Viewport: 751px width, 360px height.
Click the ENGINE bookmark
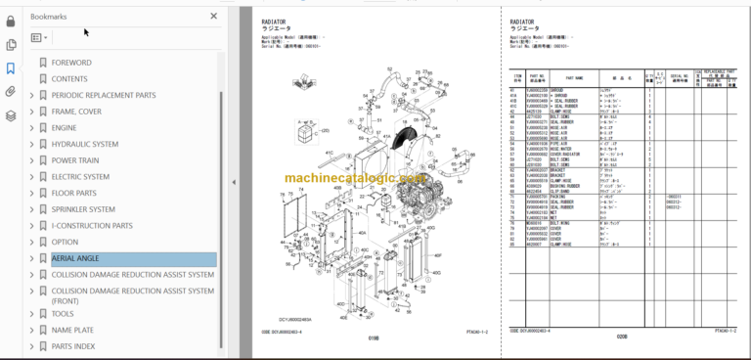point(64,127)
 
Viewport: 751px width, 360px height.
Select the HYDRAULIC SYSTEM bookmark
point(85,144)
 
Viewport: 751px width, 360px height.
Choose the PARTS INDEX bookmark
point(73,346)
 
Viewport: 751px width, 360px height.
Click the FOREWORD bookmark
point(71,63)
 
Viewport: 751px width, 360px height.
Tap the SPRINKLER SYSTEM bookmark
point(83,209)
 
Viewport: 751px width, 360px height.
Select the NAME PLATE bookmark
point(72,330)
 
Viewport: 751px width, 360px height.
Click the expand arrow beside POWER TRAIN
point(31,160)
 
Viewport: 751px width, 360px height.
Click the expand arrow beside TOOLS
point(31,314)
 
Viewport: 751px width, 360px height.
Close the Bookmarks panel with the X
point(214,17)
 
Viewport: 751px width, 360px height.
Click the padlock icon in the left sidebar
point(11,21)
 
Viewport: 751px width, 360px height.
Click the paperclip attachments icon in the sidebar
point(11,92)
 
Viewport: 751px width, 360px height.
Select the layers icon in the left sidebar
point(11,115)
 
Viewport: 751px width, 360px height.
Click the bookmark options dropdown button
point(39,38)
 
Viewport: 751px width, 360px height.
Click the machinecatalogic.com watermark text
point(355,179)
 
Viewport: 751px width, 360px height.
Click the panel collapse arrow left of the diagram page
point(234,181)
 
